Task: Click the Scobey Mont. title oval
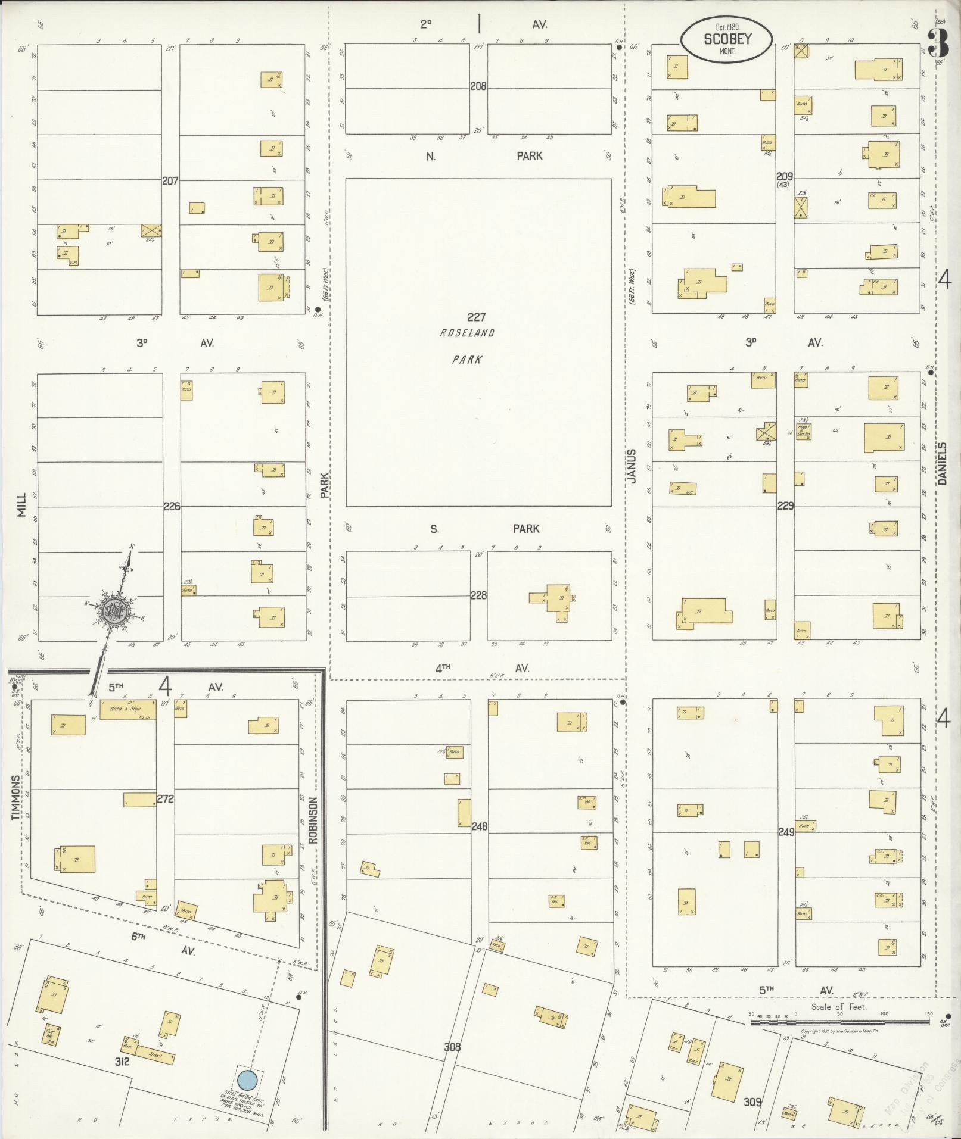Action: tap(727, 40)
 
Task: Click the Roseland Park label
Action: tap(467, 346)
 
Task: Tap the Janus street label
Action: tap(632, 466)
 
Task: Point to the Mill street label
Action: tap(22, 504)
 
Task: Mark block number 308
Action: tap(452, 1047)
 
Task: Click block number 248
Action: tap(479, 826)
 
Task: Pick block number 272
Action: tap(165, 799)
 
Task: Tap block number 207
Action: tap(170, 180)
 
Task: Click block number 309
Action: tap(752, 1102)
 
